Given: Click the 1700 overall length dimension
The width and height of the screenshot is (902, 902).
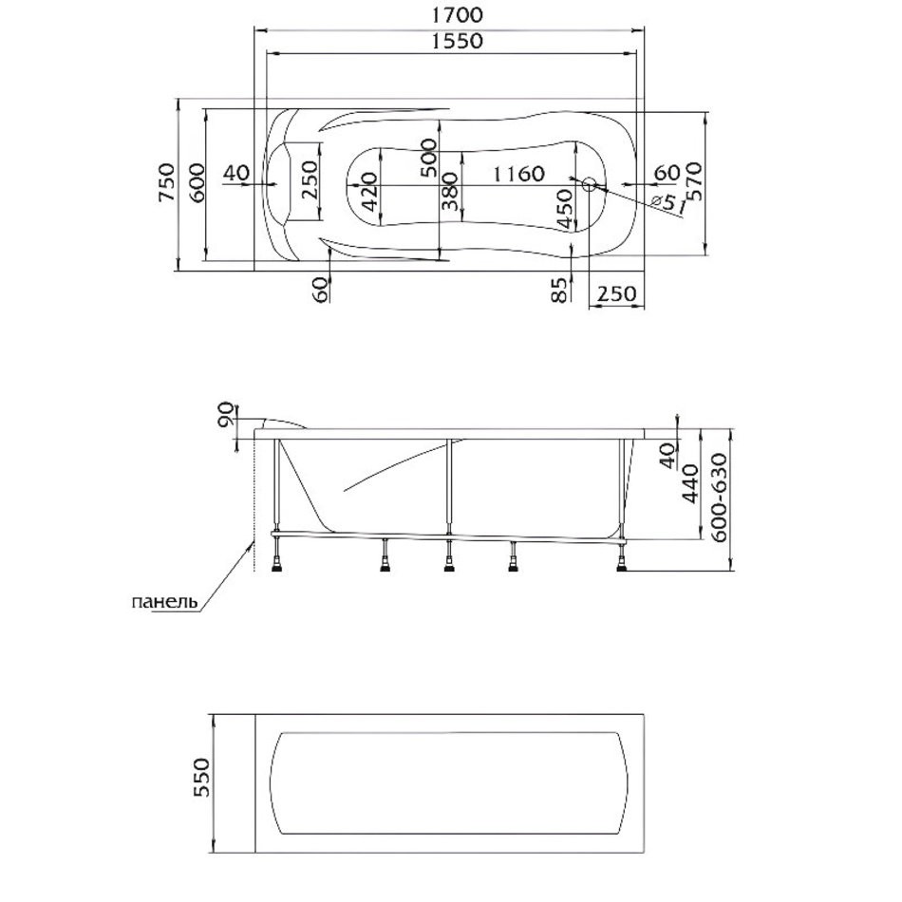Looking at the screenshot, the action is point(457,15).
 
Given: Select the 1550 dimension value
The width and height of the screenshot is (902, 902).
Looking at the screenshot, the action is point(457,41).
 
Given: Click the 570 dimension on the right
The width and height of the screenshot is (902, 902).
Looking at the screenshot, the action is point(694,181).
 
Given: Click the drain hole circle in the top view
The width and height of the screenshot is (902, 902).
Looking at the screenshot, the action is point(590,184).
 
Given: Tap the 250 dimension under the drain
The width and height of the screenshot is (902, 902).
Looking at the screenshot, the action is point(616,294).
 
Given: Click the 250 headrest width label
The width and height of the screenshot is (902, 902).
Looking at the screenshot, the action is point(310,179).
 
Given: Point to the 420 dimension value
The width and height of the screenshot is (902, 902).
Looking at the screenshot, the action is point(370,191).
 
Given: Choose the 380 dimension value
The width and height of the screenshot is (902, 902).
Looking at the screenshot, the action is point(450,191).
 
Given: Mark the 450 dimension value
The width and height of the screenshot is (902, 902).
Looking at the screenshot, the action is point(565,208).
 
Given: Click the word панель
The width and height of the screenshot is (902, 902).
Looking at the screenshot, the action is point(165,602).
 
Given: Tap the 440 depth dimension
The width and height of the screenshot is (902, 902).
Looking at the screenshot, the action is point(691,483).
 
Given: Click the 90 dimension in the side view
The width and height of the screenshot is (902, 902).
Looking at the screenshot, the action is point(227,415).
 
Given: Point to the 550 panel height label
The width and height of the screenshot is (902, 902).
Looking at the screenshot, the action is point(202,778).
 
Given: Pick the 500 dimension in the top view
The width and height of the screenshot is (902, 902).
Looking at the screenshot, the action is point(428,158).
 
